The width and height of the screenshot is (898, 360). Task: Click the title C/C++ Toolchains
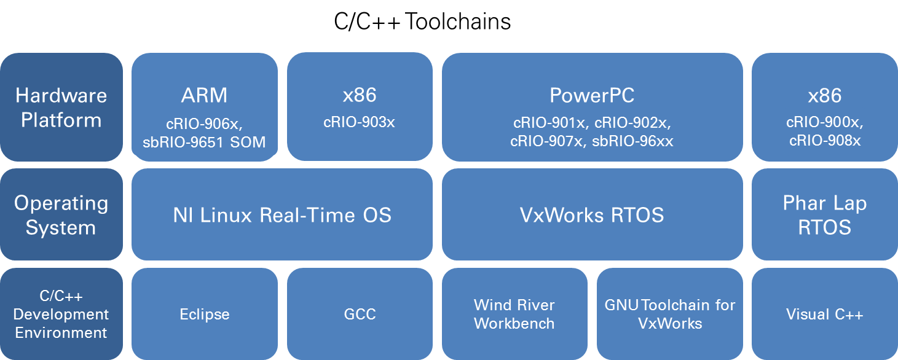tap(422, 22)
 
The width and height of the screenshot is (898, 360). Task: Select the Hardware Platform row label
tap(61, 108)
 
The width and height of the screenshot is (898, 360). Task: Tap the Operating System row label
tap(61, 215)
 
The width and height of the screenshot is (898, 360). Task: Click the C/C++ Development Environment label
tap(61, 314)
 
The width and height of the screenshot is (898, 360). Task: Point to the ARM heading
tap(204, 95)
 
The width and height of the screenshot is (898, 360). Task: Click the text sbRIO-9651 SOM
tap(204, 142)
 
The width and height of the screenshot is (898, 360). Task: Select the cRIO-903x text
tap(359, 122)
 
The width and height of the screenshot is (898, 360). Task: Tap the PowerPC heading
tap(592, 95)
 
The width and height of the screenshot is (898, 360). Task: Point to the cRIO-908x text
tap(824, 141)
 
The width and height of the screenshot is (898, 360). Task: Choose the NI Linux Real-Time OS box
tap(282, 215)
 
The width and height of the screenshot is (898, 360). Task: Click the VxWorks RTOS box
tap(592, 215)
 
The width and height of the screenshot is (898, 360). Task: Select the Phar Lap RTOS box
tap(824, 215)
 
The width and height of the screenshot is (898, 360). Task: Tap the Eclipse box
tap(204, 314)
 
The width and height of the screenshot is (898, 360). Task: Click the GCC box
tap(360, 314)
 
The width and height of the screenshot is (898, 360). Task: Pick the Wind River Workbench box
tap(514, 314)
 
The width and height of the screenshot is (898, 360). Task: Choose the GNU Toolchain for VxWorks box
tap(670, 314)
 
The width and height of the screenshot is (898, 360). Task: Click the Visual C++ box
tap(824, 314)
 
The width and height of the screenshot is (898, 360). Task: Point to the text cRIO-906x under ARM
tap(204, 122)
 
